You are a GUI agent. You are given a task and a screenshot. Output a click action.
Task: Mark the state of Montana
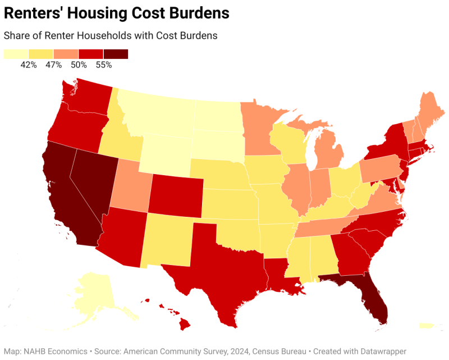[157, 112]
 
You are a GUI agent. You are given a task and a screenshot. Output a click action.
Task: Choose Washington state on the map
[84, 95]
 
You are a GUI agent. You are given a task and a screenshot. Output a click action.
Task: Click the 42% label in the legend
[29, 65]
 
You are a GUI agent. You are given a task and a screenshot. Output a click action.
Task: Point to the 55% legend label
[104, 65]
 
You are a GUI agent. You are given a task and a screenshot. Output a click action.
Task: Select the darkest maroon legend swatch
[116, 54]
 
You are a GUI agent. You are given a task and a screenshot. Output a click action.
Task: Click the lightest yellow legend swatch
[16, 54]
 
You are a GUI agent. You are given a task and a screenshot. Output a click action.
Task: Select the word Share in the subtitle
[17, 35]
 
